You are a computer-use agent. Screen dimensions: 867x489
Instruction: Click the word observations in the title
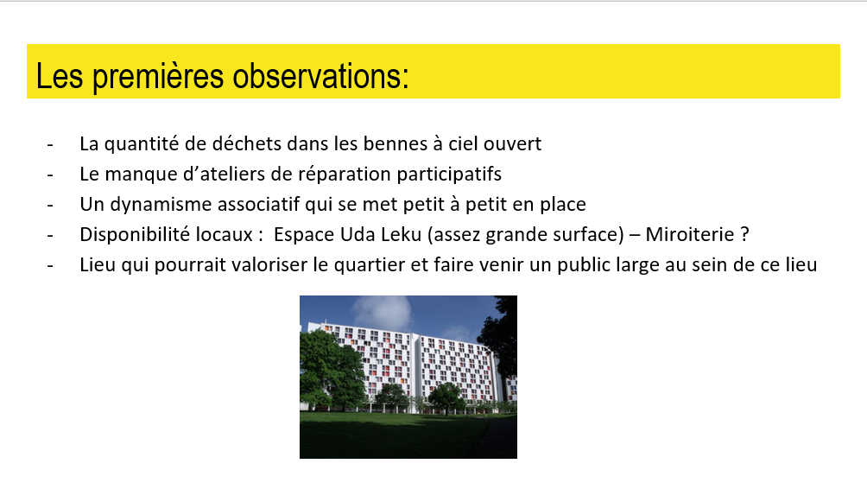(x=320, y=76)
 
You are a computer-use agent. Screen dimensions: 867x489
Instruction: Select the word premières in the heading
(x=159, y=76)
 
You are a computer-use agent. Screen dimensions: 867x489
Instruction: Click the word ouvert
(x=513, y=144)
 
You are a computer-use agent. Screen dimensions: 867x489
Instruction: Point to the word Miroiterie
(x=689, y=234)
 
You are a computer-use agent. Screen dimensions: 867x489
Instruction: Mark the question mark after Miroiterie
(x=744, y=234)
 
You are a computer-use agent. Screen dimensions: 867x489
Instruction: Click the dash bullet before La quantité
(x=50, y=145)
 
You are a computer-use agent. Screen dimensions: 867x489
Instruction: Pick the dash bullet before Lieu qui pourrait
(x=50, y=266)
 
